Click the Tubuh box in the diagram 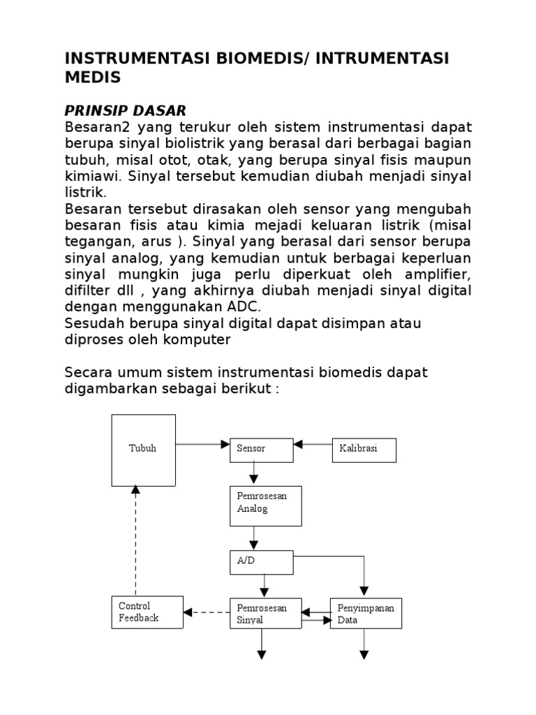coord(143,450)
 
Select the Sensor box coord(262,450)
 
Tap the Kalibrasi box coord(364,450)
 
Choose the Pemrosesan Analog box coord(265,506)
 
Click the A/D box coord(262,561)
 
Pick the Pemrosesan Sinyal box coord(265,612)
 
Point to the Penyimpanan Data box coord(366,612)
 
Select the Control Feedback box coord(147,612)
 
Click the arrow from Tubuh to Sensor coord(202,443)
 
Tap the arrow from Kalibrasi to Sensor coord(313,443)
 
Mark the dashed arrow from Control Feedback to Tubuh coord(136,541)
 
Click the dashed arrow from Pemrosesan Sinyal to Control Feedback coord(207,612)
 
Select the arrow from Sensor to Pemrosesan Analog coord(253,474)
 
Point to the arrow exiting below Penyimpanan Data coord(364,644)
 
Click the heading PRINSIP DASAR coord(125,110)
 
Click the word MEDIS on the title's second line coord(92,78)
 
